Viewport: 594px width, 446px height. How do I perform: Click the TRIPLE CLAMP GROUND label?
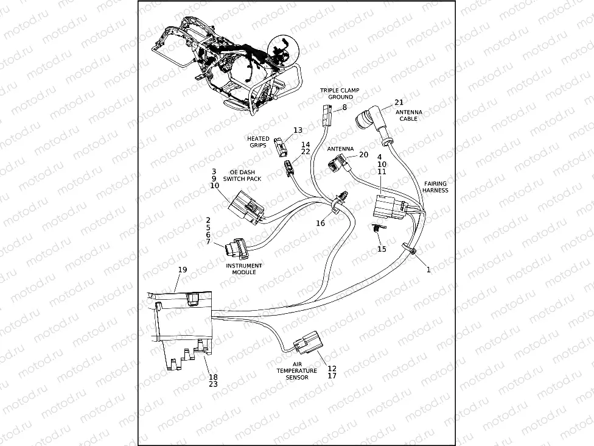(x=340, y=93)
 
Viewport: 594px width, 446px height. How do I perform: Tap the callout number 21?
(x=399, y=102)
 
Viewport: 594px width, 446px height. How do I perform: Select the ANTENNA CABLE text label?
(x=408, y=116)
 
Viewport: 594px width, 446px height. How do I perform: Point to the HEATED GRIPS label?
(x=258, y=142)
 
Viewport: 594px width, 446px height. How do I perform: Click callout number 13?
(x=298, y=130)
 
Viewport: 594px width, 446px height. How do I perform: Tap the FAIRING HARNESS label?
(x=435, y=186)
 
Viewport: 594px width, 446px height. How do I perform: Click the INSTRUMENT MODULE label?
(x=244, y=269)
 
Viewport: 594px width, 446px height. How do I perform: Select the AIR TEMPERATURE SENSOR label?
(x=296, y=370)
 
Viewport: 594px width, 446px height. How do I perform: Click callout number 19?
(x=183, y=269)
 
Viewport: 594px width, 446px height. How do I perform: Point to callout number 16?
(x=320, y=224)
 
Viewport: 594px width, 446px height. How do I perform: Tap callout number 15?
(x=382, y=249)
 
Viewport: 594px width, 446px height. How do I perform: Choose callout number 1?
(x=428, y=269)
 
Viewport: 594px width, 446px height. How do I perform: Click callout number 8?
(x=344, y=107)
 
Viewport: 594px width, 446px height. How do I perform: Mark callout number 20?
(x=363, y=155)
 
